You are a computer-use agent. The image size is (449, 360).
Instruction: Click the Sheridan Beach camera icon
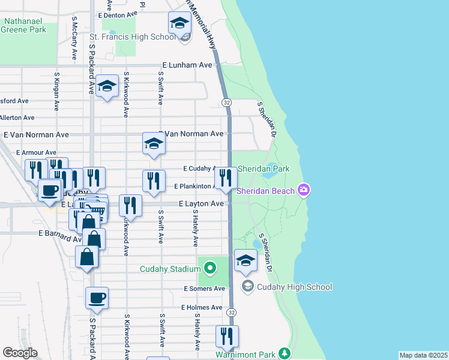click(x=304, y=190)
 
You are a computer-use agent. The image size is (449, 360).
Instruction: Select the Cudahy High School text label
click(x=295, y=287)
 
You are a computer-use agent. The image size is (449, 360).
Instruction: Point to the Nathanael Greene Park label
click(x=25, y=25)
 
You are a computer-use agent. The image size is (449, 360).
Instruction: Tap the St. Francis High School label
click(x=133, y=37)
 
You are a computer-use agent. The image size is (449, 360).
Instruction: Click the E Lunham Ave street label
click(x=187, y=65)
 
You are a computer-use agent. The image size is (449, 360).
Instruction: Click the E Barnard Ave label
click(x=58, y=232)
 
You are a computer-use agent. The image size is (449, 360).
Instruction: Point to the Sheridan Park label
click(x=264, y=169)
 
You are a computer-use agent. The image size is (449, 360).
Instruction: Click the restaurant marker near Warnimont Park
click(x=227, y=336)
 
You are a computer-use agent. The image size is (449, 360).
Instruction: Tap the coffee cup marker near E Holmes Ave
click(x=97, y=298)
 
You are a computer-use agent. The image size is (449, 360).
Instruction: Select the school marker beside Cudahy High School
click(x=246, y=260)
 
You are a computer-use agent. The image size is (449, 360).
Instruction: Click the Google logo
click(x=20, y=353)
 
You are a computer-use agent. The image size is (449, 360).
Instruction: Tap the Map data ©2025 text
click(x=423, y=355)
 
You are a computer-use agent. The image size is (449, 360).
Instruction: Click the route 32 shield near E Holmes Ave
click(x=232, y=313)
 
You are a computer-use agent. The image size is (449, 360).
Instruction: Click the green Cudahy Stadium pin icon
click(x=209, y=268)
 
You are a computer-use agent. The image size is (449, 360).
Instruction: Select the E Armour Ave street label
click(x=36, y=153)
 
